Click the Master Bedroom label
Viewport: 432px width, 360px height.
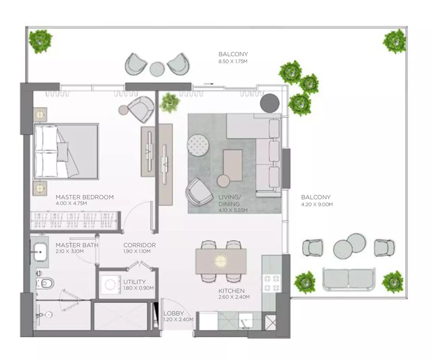(x=84, y=197)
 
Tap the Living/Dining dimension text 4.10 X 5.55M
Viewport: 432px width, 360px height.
(x=233, y=210)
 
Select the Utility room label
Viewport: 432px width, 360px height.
(x=134, y=282)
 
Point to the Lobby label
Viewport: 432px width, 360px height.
(x=173, y=313)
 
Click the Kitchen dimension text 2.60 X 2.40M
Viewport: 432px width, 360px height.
(x=234, y=297)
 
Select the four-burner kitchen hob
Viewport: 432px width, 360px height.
(x=272, y=283)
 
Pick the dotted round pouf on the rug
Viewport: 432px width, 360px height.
(x=198, y=145)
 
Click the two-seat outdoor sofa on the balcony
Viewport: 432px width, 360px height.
(x=349, y=279)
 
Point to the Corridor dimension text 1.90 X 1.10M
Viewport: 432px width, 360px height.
(x=137, y=251)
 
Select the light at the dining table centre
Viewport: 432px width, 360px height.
(x=220, y=261)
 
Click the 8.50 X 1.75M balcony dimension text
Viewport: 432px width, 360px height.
(x=233, y=62)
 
